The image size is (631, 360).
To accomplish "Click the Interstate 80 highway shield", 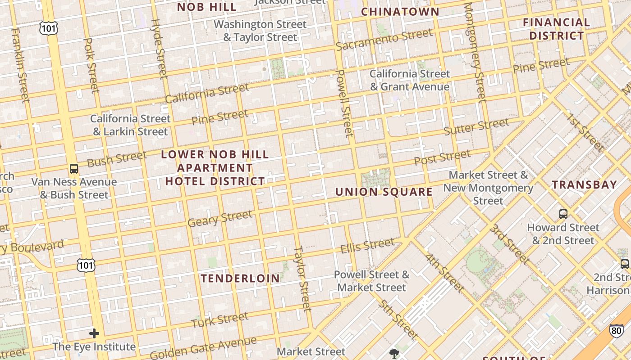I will (x=617, y=331).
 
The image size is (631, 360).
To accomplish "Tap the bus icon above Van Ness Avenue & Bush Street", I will (x=74, y=169).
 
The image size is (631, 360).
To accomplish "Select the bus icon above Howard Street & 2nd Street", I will (x=563, y=214).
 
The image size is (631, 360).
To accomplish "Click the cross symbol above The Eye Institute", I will (x=94, y=333).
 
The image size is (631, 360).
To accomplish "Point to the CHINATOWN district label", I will (x=400, y=12).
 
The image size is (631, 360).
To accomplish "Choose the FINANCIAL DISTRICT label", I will (x=556, y=29).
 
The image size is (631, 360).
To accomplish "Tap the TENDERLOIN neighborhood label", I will (x=240, y=278).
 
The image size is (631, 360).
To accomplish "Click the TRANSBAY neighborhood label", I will (x=584, y=184).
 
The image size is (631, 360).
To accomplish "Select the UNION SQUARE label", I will (x=384, y=192).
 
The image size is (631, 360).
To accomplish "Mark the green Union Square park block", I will (x=375, y=178).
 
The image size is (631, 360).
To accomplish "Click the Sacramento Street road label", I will (x=384, y=40).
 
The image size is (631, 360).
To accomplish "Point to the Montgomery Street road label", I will (x=475, y=52).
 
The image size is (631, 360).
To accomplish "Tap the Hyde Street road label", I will (x=159, y=49).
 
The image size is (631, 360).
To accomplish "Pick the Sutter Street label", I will (x=476, y=127).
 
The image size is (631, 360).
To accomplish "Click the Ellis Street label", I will (x=367, y=246).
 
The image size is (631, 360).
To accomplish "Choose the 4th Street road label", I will (x=444, y=273).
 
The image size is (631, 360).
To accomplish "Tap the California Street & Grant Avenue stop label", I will (x=410, y=80).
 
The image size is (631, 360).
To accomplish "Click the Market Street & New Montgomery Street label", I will (x=488, y=188).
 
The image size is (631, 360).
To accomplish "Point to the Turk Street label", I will (x=219, y=320).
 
